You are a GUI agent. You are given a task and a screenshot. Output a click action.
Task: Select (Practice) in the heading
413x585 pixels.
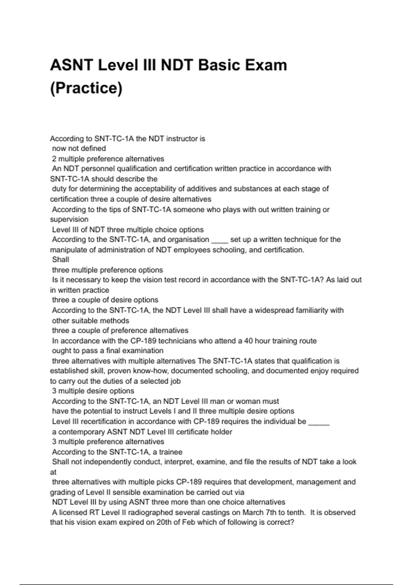[x=86, y=88]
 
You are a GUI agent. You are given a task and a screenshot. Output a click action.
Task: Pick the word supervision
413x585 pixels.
[x=69, y=220]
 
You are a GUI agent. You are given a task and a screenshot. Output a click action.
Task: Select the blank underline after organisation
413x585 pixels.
[x=220, y=240]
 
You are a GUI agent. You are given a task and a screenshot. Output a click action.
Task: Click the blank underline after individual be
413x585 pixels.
[x=319, y=422]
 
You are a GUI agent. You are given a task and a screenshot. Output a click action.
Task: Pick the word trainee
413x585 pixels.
[x=171, y=452]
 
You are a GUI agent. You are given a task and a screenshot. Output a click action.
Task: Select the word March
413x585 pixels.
[x=254, y=513]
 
